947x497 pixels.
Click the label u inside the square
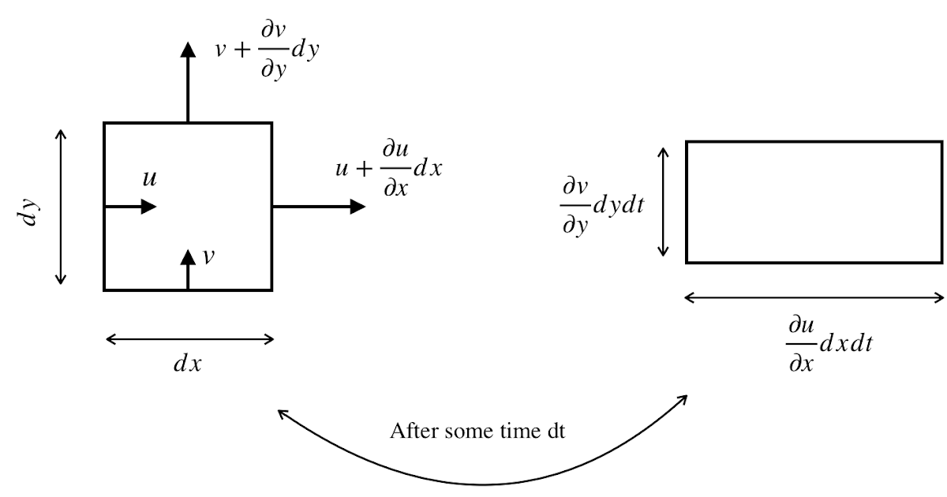pyautogui.click(x=149, y=180)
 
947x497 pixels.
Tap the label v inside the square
pyautogui.click(x=208, y=257)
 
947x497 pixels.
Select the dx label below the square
pyautogui.click(x=188, y=364)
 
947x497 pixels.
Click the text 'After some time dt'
pyautogui.click(x=477, y=432)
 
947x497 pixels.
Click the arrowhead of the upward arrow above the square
pyautogui.click(x=188, y=50)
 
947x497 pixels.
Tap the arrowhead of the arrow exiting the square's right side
pyautogui.click(x=357, y=207)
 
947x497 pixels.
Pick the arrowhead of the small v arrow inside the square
pyautogui.click(x=188, y=257)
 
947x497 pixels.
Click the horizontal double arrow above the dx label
pyautogui.click(x=189, y=339)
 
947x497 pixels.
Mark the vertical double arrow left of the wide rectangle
pyautogui.click(x=664, y=201)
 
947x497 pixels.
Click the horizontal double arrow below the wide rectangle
pyautogui.click(x=814, y=297)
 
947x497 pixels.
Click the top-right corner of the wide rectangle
pyautogui.click(x=941, y=142)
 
